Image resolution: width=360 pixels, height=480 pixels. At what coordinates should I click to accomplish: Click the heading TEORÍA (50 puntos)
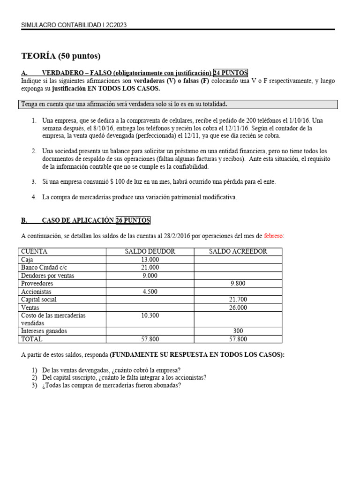[x=61, y=56]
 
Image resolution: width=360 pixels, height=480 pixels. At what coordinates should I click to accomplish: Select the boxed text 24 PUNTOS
[x=231, y=73]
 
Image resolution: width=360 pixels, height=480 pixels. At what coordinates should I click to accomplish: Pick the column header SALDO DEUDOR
[x=150, y=252]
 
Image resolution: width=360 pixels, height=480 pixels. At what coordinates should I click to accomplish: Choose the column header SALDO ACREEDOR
[x=238, y=252]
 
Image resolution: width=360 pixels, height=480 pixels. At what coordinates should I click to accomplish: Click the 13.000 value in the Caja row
[x=150, y=260]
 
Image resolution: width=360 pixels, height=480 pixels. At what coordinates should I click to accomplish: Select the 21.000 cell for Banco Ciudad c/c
[x=150, y=268]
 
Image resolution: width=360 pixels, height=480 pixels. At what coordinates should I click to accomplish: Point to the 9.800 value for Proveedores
[x=238, y=284]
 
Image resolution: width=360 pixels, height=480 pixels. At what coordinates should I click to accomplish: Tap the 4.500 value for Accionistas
[x=150, y=292]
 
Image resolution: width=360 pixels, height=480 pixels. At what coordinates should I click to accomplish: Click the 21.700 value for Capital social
[x=238, y=300]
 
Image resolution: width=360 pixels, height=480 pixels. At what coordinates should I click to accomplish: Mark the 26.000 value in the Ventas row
[x=238, y=307]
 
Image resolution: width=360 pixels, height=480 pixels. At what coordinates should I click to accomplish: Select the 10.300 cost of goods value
[x=150, y=315]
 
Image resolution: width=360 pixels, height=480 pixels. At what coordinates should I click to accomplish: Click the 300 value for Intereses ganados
[x=238, y=331]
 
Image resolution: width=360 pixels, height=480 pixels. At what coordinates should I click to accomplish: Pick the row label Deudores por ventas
[x=48, y=276]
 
